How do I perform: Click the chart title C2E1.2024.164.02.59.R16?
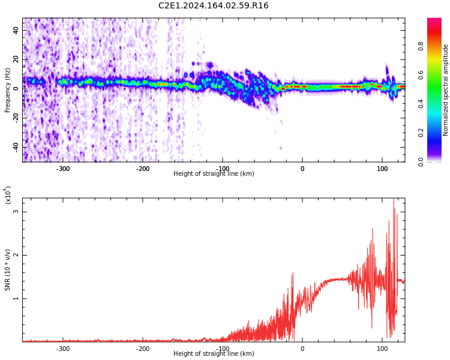[213, 6]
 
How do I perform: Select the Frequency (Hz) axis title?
[8, 90]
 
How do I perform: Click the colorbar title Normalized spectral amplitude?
[446, 90]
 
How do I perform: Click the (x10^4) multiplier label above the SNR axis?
[8, 195]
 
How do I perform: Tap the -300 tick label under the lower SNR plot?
[63, 349]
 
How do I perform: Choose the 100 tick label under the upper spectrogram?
[382, 169]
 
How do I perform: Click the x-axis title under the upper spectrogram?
[214, 174]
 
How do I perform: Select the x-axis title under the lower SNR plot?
[214, 354]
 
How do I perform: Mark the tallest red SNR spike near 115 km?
[394, 200]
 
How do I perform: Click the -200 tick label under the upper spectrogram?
[143, 169]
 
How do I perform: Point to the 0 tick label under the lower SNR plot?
[302, 349]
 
